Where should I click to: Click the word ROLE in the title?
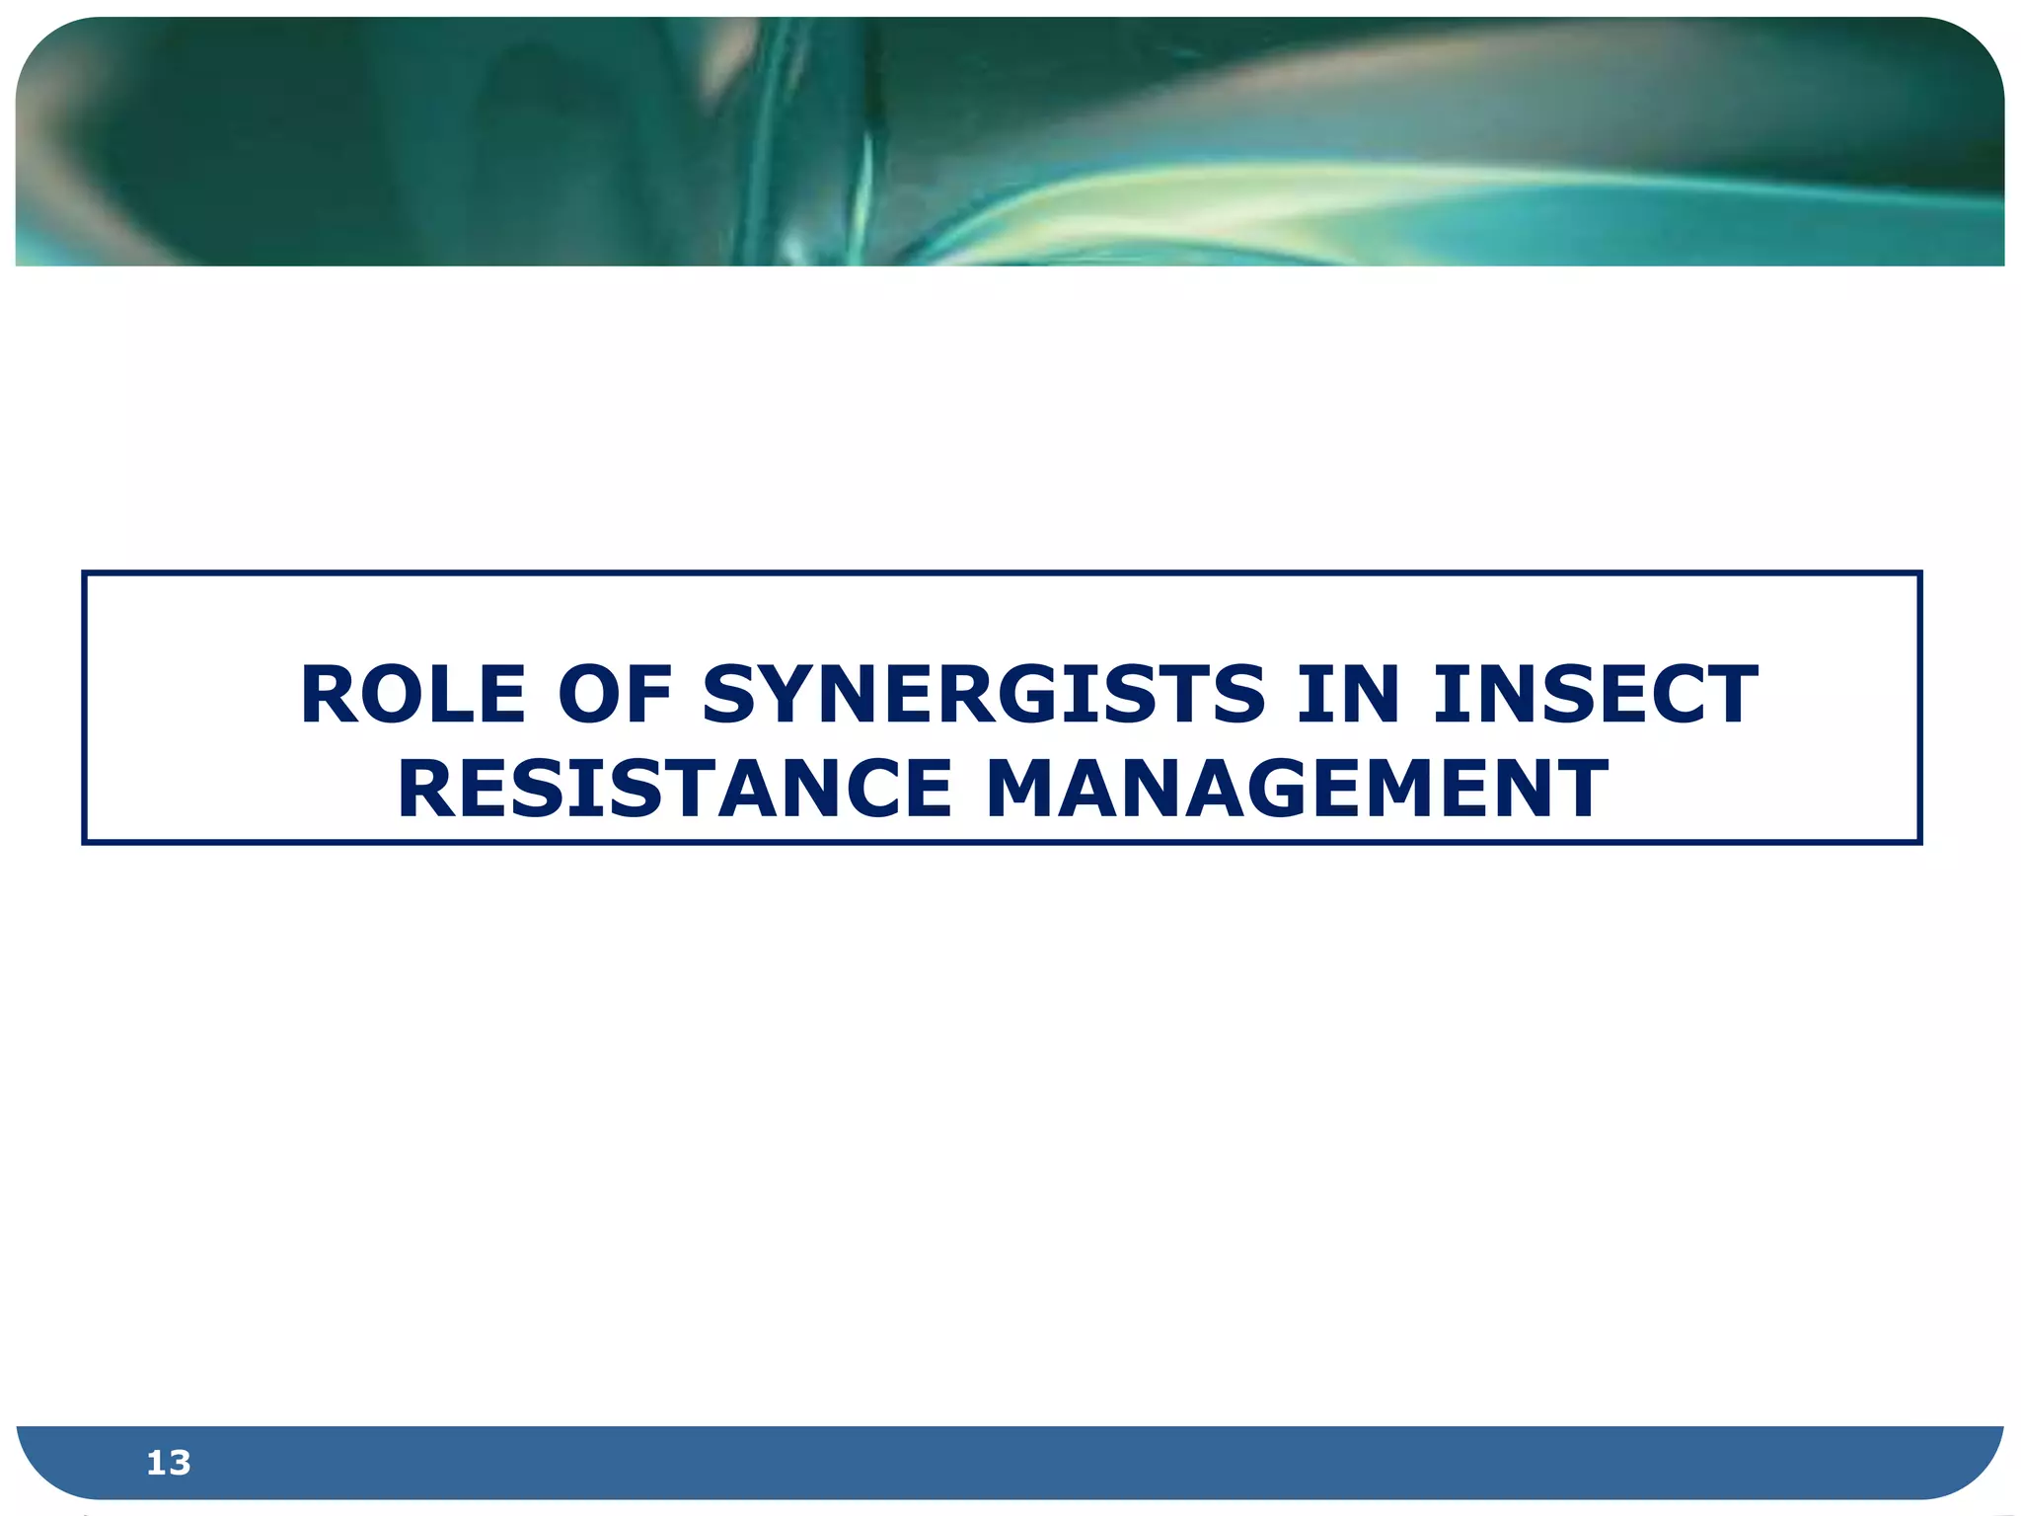point(412,695)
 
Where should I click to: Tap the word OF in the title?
point(615,695)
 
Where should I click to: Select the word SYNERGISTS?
point(983,695)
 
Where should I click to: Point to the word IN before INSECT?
point(1348,695)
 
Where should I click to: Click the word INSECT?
point(1595,695)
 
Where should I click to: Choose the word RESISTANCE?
point(675,790)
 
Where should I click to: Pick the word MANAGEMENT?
point(1297,790)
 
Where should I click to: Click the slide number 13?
point(168,1463)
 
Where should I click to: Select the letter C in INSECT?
point(1666,695)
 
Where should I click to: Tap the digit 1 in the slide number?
point(156,1463)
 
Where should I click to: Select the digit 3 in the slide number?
point(180,1463)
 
